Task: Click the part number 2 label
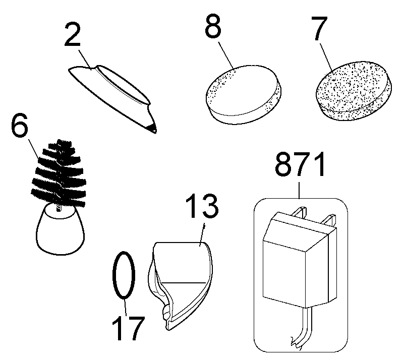pos(73,34)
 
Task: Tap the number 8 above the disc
pos(213,26)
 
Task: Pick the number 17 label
pos(128,328)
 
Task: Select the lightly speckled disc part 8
pos(243,95)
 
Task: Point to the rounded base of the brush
pos(61,229)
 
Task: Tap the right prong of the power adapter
pos(330,220)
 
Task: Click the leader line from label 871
pos(300,190)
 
